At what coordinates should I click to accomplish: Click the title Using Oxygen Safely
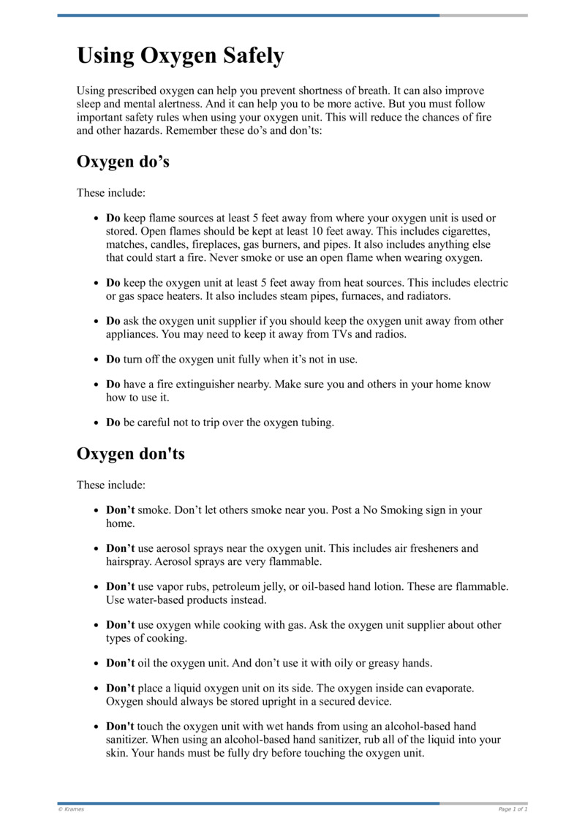(180, 56)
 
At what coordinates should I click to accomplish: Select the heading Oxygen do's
(123, 162)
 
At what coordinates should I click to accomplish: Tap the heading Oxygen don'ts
(130, 453)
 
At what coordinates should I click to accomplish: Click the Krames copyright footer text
(71, 809)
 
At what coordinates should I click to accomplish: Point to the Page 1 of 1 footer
(513, 809)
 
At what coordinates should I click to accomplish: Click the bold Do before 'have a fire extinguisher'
(113, 384)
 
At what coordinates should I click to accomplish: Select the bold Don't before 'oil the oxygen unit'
(121, 663)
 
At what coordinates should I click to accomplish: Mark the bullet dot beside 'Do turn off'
(97, 360)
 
